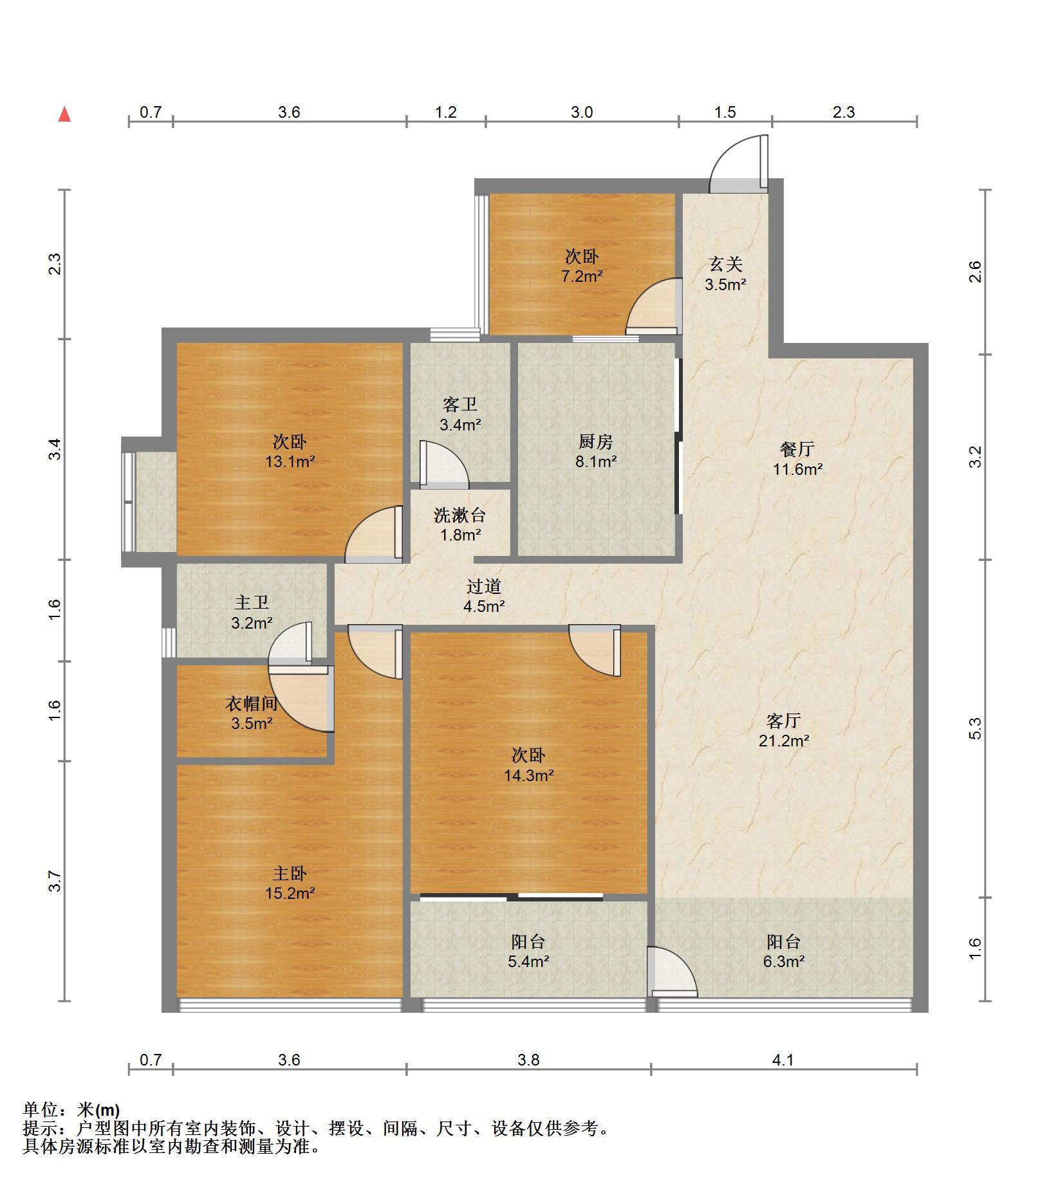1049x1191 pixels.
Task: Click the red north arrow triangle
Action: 64,115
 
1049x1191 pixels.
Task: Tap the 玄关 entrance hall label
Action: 725,264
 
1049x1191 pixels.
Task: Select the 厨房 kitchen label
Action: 596,442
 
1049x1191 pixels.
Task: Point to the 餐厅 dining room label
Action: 797,449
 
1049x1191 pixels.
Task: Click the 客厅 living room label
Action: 784,721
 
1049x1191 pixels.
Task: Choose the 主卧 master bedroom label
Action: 290,874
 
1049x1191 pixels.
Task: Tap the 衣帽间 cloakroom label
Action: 252,703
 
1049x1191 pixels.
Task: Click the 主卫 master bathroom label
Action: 252,602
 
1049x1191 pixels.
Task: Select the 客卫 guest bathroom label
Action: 460,405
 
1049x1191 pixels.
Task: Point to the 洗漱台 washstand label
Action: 460,515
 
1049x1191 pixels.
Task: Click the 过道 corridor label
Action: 484,586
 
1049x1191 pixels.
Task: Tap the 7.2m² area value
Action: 582,277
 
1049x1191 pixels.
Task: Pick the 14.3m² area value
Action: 529,775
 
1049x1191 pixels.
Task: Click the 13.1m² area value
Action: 290,461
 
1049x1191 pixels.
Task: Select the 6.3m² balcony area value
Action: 784,962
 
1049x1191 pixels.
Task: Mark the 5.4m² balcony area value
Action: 529,962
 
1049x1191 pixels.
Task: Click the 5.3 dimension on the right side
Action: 976,728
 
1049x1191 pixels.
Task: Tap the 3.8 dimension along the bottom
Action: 528,1060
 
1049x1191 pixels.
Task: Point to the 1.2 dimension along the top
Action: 445,113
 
